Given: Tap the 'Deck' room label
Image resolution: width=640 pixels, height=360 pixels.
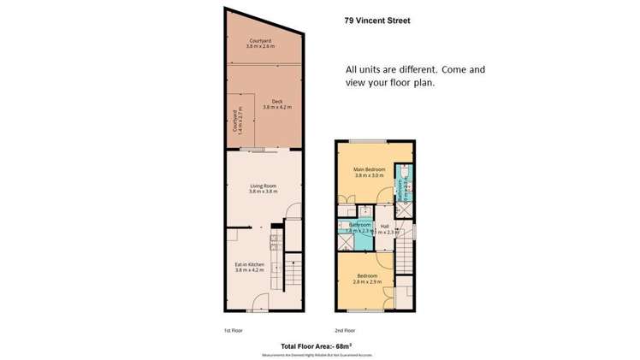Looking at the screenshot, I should [x=277, y=100].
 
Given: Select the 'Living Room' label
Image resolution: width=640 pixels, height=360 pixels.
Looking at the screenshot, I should [x=263, y=186].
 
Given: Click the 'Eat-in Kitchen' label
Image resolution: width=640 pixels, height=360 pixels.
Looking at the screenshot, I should [x=251, y=264].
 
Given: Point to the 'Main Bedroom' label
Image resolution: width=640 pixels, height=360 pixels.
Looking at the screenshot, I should [x=370, y=169].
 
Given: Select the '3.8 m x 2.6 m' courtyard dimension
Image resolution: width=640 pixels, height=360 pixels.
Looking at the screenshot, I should [x=262, y=47].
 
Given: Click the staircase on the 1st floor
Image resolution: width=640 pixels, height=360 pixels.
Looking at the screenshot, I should [x=292, y=274].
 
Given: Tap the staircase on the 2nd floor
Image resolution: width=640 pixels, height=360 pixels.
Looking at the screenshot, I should [x=405, y=257].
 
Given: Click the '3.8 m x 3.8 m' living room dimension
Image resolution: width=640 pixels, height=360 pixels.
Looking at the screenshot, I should [x=263, y=192].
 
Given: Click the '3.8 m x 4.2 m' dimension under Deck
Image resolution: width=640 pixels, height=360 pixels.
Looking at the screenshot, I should [x=277, y=107].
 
